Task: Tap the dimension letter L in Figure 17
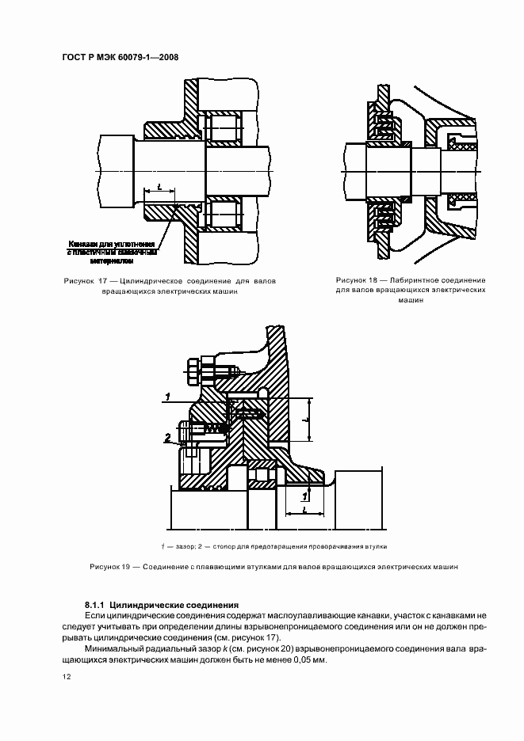click(x=160, y=186)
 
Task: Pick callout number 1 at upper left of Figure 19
click(x=167, y=395)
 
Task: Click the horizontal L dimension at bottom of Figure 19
click(x=305, y=511)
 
